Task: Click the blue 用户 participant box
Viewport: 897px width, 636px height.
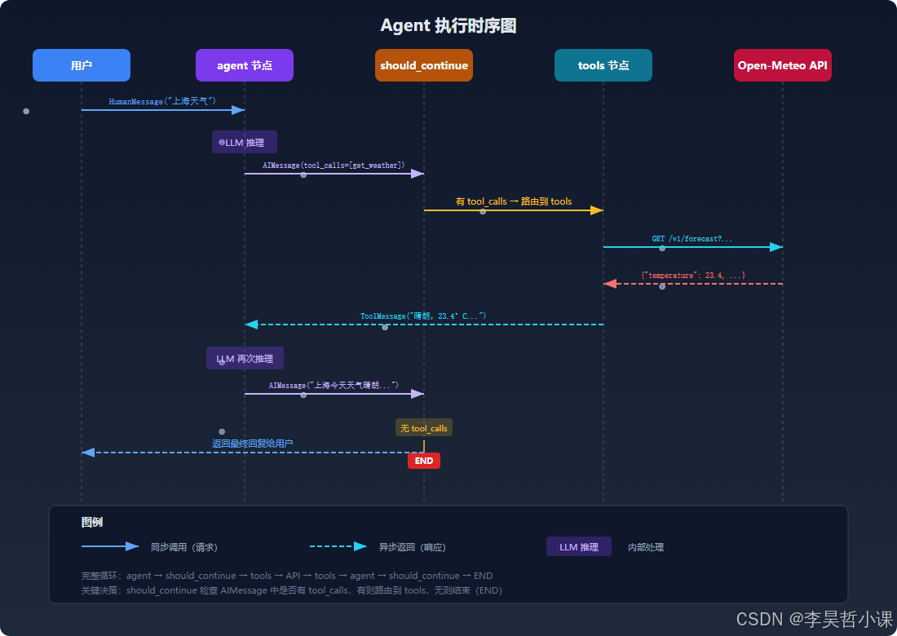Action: (82, 65)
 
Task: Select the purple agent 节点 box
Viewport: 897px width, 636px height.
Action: (245, 65)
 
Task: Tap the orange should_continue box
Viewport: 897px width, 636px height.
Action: (424, 65)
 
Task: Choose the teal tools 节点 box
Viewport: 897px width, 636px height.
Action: (603, 65)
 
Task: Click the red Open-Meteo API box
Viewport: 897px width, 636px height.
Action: (783, 65)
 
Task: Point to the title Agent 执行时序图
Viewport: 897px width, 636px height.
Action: (448, 25)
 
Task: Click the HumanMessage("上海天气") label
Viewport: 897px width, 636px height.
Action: (162, 101)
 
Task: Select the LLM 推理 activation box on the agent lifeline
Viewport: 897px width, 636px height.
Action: (245, 142)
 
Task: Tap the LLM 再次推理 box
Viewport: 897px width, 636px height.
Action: (245, 358)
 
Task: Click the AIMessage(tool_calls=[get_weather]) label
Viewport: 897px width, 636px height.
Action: (334, 165)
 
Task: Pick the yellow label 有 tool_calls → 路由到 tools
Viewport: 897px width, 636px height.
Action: (514, 201)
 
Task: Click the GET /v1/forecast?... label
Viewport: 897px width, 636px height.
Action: (692, 239)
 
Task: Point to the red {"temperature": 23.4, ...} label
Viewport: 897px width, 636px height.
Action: (693, 276)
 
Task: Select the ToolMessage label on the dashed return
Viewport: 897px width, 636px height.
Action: (423, 316)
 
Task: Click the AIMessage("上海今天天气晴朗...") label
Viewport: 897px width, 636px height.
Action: (334, 385)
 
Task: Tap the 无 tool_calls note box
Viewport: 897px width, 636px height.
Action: (424, 428)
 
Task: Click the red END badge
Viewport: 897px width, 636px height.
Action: (424, 461)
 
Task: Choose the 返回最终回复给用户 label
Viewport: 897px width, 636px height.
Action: (253, 444)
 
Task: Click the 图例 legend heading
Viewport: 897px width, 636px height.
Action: (92, 523)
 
